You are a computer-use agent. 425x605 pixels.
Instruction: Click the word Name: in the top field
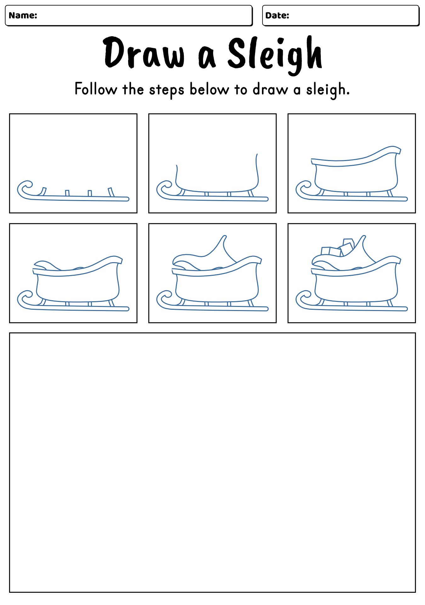(x=23, y=15)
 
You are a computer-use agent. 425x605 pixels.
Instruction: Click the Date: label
(x=277, y=15)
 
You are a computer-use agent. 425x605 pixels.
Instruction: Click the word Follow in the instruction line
(x=95, y=89)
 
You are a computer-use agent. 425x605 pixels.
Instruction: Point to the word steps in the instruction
(x=166, y=90)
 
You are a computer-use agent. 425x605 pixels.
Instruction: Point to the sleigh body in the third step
(x=356, y=176)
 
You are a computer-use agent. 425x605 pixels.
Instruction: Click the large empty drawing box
(x=212, y=462)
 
